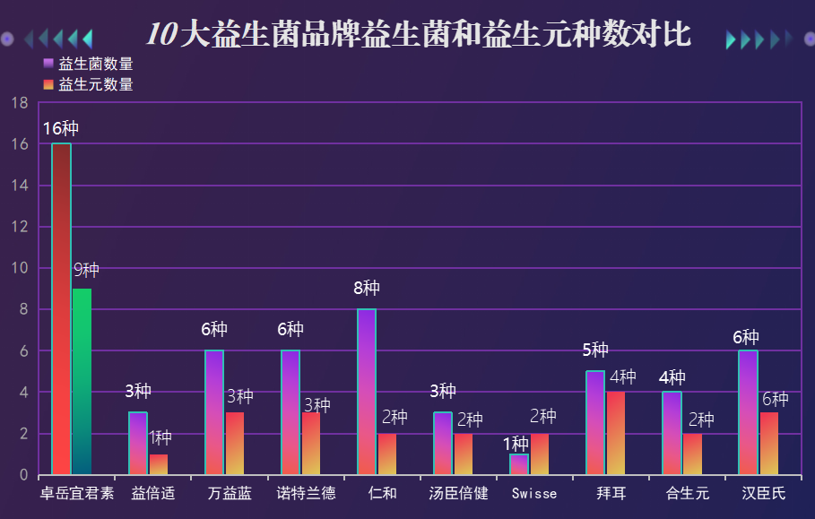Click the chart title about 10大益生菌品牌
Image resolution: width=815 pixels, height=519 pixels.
[x=419, y=34]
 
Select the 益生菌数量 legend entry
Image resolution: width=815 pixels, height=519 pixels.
[x=89, y=64]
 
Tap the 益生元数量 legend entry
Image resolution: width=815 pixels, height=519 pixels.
[x=89, y=84]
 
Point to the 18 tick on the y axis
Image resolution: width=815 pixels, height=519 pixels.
[x=20, y=103]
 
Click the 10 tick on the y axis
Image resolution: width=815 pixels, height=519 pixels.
[x=20, y=268]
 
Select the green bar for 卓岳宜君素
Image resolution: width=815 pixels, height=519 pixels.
[x=82, y=381]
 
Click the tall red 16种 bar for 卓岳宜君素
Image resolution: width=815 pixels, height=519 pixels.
[x=61, y=308]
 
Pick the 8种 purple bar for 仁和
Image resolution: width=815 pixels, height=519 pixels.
[x=367, y=392]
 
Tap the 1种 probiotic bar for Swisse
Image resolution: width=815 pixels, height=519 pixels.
[x=519, y=464]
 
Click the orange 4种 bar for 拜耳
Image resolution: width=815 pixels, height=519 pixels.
[x=616, y=433]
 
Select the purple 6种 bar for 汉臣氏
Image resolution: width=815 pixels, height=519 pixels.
[x=748, y=412]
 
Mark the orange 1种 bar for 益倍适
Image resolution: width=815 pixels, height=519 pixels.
[x=159, y=464]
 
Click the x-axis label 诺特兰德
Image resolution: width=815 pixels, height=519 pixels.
[x=306, y=493]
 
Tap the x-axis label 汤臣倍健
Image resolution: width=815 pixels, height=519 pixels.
[x=458, y=493]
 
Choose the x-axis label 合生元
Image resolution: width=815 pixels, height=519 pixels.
[x=687, y=493]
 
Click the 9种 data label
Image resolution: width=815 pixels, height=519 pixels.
[x=86, y=270]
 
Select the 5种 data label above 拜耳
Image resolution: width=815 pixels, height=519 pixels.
[x=595, y=350]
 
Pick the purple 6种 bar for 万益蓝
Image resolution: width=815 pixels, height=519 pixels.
[x=214, y=412]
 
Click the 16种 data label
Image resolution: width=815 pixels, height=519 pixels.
[x=61, y=128]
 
